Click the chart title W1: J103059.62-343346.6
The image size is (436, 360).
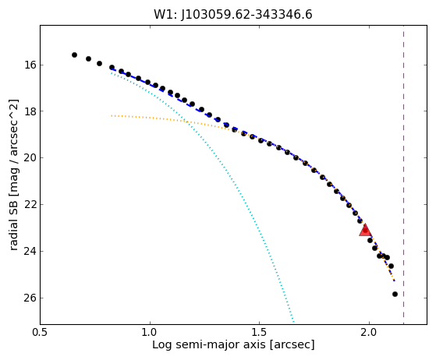coord(233,15)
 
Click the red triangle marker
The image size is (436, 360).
coord(365,230)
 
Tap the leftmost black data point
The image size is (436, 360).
coord(74,55)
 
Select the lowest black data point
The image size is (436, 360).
coord(395,295)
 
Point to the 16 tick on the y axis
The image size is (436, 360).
coord(30,65)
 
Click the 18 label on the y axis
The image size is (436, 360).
coord(30,111)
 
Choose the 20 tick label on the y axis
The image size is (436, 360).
coord(30,157)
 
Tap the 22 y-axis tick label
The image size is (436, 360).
coord(30,204)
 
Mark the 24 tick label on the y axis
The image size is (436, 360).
coord(30,251)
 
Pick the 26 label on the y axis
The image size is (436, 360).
coord(30,298)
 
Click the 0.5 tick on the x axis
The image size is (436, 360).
coord(41,333)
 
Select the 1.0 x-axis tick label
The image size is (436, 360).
coord(150,333)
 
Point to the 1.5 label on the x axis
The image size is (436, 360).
coord(260,333)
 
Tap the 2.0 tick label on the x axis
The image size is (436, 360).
coord(369,333)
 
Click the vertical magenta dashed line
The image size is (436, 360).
coord(403,175)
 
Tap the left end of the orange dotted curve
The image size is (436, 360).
coord(112,115)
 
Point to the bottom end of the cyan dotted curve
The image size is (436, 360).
coord(293,323)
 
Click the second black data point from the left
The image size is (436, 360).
coord(88,59)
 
